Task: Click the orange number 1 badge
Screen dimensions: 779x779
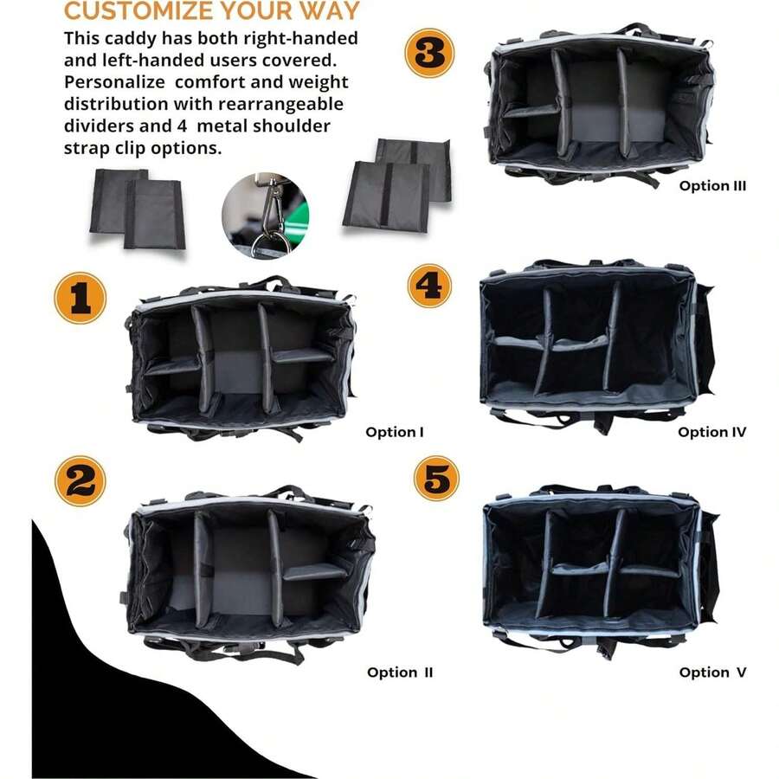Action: [80, 298]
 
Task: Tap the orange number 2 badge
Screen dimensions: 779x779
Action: [80, 481]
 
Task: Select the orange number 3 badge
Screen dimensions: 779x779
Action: [429, 53]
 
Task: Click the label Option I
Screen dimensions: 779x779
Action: [395, 432]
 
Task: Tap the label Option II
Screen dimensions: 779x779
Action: [400, 673]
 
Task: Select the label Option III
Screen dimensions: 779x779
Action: [712, 185]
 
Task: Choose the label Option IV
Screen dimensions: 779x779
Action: [711, 432]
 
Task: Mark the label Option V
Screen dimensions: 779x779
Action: [712, 673]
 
